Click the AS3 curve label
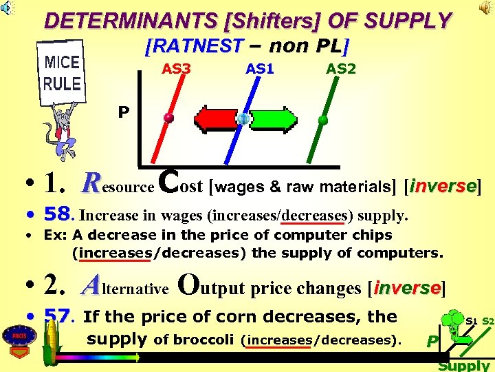click(176, 70)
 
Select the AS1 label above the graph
click(260, 70)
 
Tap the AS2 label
click(340, 70)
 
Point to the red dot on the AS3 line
click(168, 118)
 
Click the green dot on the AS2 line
click(322, 120)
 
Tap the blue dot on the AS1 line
click(243, 119)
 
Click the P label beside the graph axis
click(123, 112)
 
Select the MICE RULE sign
click(63, 74)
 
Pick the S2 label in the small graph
click(487, 321)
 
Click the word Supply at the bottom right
click(463, 365)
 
